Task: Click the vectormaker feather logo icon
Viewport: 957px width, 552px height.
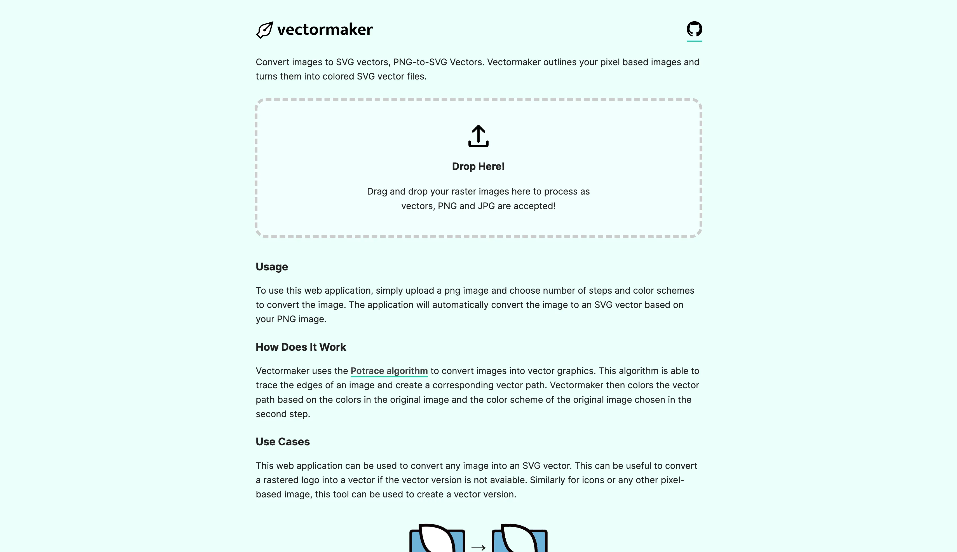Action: pos(264,30)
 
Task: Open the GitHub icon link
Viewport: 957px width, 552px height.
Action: pos(694,29)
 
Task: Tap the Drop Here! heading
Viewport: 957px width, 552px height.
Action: pos(478,167)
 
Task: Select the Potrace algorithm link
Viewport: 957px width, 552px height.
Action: pos(389,371)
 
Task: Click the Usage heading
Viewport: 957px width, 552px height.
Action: pos(272,267)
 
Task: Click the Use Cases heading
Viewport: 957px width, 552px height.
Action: pos(282,442)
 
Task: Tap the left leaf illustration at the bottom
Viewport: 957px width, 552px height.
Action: pos(437,538)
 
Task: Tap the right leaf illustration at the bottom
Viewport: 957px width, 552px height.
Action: pos(519,538)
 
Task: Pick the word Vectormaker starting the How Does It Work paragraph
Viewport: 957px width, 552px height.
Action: pos(282,371)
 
